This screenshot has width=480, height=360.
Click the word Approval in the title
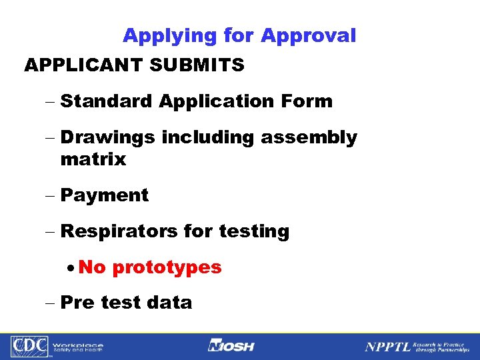(309, 36)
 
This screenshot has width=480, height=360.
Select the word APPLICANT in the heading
(83, 65)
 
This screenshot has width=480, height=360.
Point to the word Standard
(107, 101)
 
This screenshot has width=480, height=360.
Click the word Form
(307, 101)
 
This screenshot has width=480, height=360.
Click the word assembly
(309, 137)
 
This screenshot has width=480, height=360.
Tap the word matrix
(93, 159)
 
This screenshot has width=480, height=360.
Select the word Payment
(104, 196)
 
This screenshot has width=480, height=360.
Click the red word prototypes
(167, 268)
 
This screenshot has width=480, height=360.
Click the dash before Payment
(51, 196)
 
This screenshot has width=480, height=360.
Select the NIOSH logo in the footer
(232, 346)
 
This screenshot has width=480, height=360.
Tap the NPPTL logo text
(387, 347)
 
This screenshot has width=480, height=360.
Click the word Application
(216, 102)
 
